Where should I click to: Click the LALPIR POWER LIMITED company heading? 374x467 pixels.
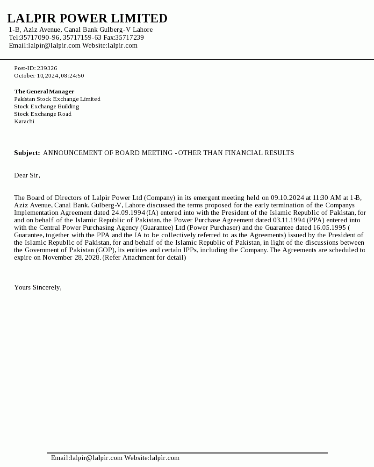[87, 19]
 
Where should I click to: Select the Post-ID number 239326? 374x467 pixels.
[47, 68]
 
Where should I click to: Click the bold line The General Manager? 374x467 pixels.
[44, 92]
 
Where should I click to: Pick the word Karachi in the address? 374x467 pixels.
[24, 121]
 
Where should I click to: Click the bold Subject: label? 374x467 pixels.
[27, 153]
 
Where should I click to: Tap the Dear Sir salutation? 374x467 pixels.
[27, 176]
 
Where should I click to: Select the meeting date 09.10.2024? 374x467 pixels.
[287, 198]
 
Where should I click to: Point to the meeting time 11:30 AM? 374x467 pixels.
[327, 198]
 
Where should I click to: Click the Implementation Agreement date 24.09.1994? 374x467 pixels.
[128, 213]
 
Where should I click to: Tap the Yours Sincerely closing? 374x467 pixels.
[38, 288]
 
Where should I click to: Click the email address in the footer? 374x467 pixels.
[86, 458]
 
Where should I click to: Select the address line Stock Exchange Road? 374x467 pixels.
[43, 114]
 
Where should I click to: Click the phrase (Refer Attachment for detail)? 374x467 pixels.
[144, 258]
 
